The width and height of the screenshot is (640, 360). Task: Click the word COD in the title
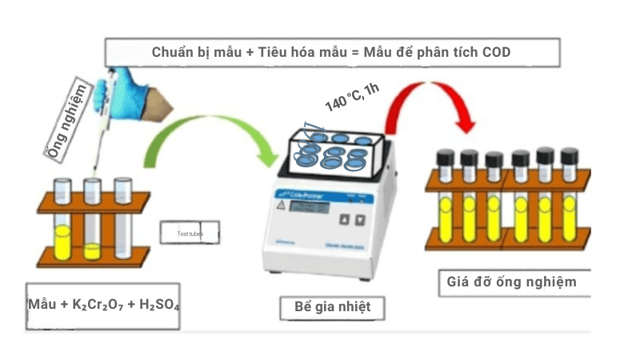(495, 52)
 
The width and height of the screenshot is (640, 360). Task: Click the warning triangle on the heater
(280, 205)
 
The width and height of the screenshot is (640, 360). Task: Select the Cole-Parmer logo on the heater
(294, 193)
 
